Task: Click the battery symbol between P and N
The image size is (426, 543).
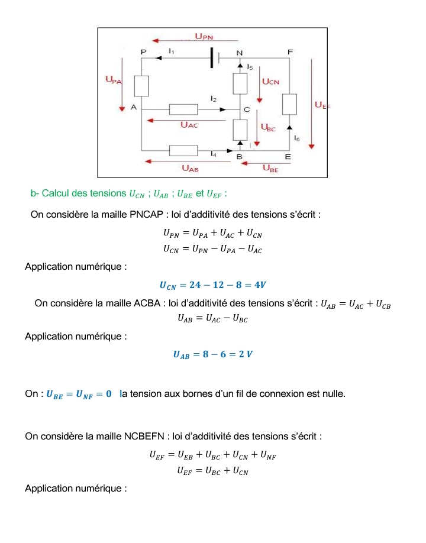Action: [x=214, y=58]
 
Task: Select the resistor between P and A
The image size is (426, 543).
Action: [x=141, y=86]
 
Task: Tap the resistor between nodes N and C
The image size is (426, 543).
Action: [x=240, y=84]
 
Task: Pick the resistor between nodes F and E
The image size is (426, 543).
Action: [x=289, y=104]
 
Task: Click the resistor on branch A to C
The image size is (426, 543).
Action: [x=183, y=109]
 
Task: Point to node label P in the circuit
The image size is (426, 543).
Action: [x=143, y=53]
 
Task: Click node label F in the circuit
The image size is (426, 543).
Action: [x=290, y=53]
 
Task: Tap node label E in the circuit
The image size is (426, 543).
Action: [x=288, y=157]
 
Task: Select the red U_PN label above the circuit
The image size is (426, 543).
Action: [x=204, y=37]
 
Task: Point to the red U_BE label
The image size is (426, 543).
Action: [x=270, y=169]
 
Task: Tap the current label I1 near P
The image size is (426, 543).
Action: [x=171, y=52]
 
